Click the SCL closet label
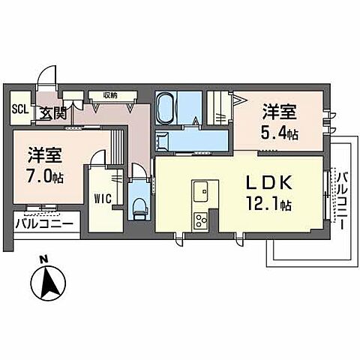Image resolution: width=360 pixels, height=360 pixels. point(20,109)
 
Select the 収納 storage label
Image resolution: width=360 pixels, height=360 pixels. point(110,95)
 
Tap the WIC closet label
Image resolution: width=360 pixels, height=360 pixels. point(102,199)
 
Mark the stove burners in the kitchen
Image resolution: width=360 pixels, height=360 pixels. point(202,220)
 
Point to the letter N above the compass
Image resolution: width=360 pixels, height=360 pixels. point(43,259)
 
